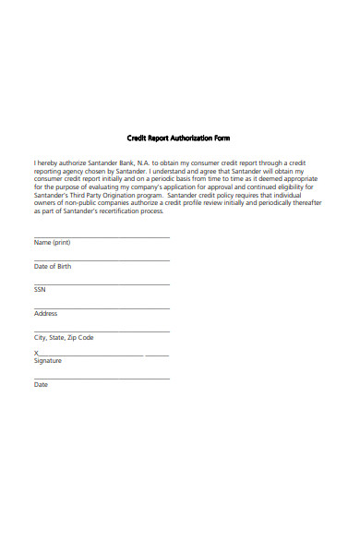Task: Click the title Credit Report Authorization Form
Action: (177, 138)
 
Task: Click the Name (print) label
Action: (52, 243)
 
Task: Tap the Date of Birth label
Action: (52, 266)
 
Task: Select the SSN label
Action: (40, 290)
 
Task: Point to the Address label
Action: (45, 314)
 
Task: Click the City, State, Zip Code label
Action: (64, 338)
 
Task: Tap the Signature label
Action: (47, 361)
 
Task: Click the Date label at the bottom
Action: (41, 385)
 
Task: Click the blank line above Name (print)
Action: (102, 237)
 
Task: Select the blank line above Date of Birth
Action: (102, 260)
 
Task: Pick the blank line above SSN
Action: (102, 284)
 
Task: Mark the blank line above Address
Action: (102, 308)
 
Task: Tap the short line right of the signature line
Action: (157, 355)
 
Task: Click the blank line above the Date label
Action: (102, 379)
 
